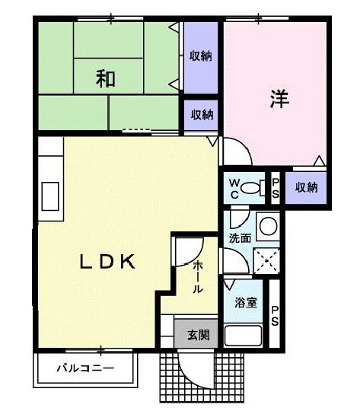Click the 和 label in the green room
[106, 78]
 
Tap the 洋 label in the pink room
[278, 99]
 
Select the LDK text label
[109, 261]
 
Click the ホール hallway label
[198, 277]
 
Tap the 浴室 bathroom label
[245, 302]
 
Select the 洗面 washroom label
[240, 237]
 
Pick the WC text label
[234, 187]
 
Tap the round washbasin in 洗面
[267, 225]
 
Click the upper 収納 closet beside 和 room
[201, 56]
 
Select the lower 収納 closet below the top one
[201, 114]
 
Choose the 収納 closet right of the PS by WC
[306, 187]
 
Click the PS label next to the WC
[276, 187]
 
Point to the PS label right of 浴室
[276, 315]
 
